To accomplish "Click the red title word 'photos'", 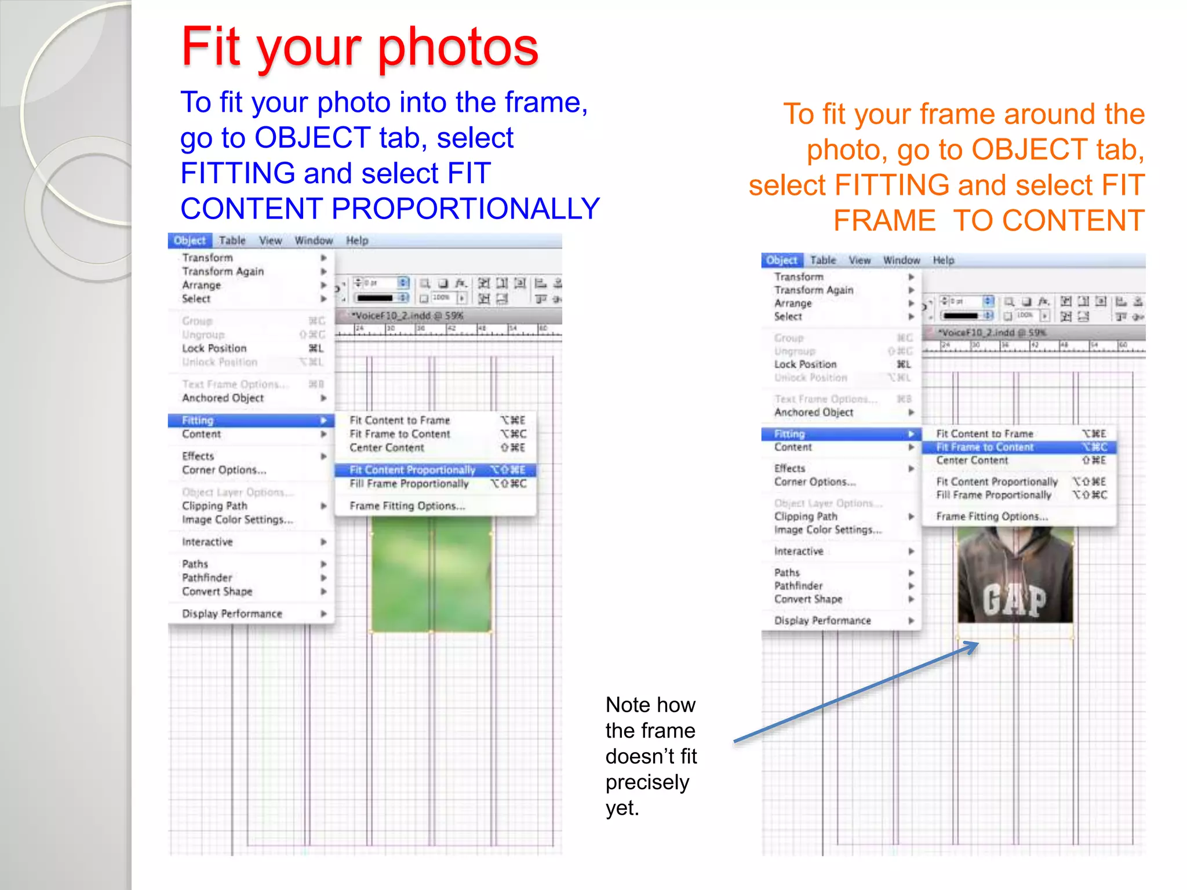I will [458, 48].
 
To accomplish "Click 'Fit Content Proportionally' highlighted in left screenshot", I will [412, 470].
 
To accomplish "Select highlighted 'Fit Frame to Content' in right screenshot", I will [985, 447].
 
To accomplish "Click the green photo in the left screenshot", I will [431, 574].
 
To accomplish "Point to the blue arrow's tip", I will [977, 644].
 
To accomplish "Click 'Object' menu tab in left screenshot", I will [190, 240].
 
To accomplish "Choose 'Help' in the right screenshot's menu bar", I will [943, 261].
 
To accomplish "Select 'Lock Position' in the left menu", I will [214, 348].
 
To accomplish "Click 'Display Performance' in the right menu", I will [822, 621].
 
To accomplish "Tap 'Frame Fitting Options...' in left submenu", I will [407, 506].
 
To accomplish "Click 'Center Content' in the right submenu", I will [972, 461].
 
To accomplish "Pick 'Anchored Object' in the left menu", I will [223, 398].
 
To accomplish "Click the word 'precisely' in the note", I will [647, 782].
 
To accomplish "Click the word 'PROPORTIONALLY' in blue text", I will [465, 209].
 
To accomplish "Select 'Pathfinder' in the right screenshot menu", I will [798, 586].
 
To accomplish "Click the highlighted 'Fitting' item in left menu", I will [198, 421].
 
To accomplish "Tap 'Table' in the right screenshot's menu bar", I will [822, 261].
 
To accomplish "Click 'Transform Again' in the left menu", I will [223, 271].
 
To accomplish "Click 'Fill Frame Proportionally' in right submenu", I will [993, 495].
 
